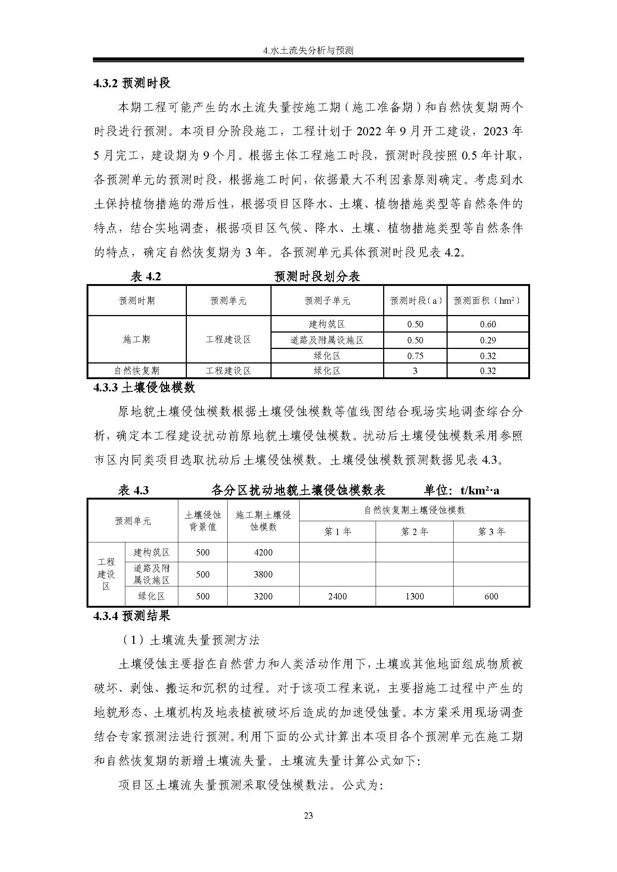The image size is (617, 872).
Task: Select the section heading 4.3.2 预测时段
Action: click(132, 83)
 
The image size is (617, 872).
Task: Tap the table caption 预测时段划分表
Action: click(317, 277)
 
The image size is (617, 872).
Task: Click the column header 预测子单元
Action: click(327, 301)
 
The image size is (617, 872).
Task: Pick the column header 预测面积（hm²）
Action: click(488, 301)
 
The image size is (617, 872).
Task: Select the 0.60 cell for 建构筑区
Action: click(488, 324)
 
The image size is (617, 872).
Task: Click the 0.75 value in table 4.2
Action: click(415, 356)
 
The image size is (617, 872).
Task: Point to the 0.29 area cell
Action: click(488, 340)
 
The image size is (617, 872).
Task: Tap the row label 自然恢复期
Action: click(137, 371)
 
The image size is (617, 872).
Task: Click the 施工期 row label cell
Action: click(137, 339)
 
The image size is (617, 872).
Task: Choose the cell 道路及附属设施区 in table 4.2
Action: click(327, 340)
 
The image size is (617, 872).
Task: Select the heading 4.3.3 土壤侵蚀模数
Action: click(144, 387)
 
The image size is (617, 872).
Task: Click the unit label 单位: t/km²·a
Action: click(461, 490)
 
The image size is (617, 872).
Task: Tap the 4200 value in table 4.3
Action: click(263, 552)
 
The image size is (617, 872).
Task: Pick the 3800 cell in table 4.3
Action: click(263, 574)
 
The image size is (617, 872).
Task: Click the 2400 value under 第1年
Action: click(337, 596)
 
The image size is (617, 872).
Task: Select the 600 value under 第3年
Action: click(491, 596)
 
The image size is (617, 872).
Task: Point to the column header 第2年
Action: click(414, 532)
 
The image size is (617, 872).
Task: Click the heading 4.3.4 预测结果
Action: click(132, 616)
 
